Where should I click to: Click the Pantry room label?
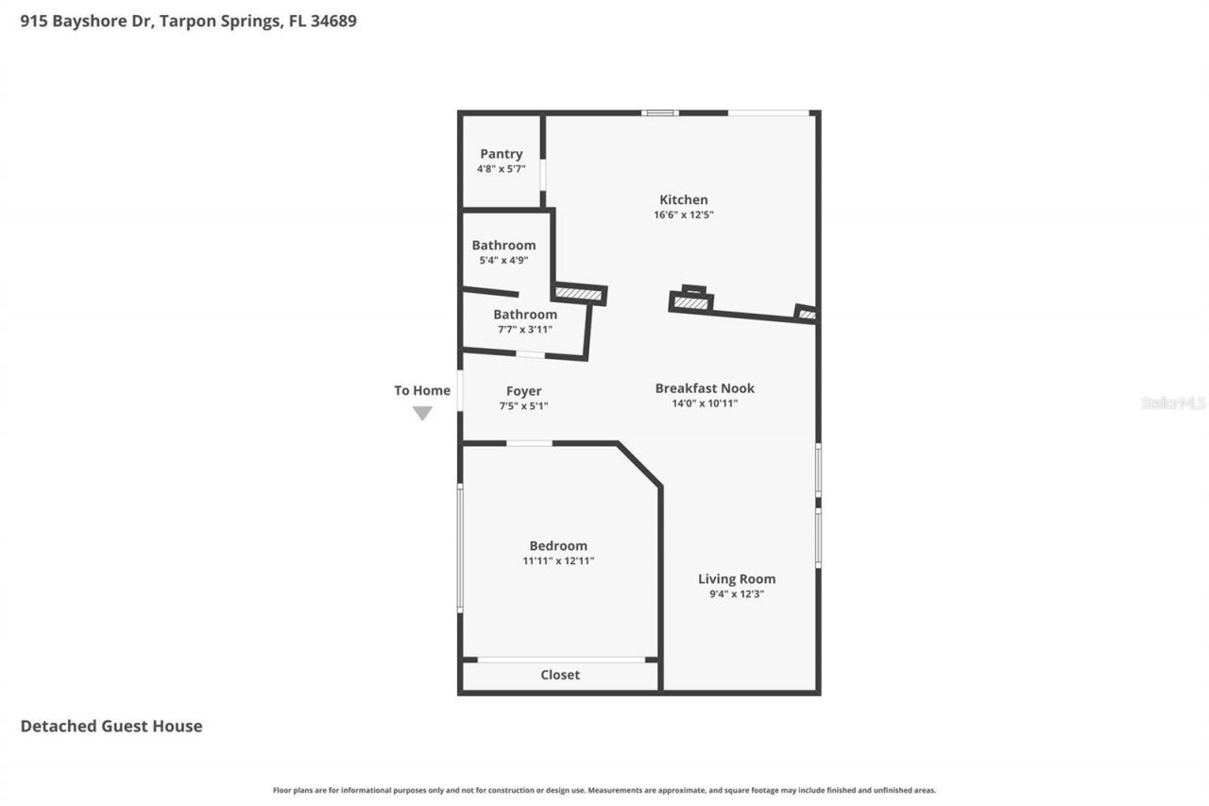pyautogui.click(x=501, y=154)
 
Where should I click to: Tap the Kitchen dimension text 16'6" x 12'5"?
pyautogui.click(x=683, y=215)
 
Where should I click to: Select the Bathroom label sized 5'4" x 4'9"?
pyautogui.click(x=503, y=246)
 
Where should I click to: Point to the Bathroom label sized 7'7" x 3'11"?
pyautogui.click(x=525, y=315)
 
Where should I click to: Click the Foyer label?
pyautogui.click(x=523, y=391)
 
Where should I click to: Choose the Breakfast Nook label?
pyautogui.click(x=705, y=388)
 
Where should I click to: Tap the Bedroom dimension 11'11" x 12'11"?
pyautogui.click(x=557, y=561)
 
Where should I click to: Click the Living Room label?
pyautogui.click(x=737, y=579)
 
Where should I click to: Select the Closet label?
pyautogui.click(x=560, y=675)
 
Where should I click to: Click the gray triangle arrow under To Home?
pyautogui.click(x=422, y=413)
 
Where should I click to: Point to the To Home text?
pyautogui.click(x=422, y=390)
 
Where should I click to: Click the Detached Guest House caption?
pyautogui.click(x=111, y=726)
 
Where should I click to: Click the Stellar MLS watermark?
pyautogui.click(x=1173, y=403)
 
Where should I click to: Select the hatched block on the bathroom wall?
pyautogui.click(x=579, y=294)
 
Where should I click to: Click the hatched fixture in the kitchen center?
pyautogui.click(x=691, y=302)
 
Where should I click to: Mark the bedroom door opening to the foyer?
pyautogui.click(x=529, y=443)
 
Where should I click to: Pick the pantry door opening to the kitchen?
pyautogui.click(x=542, y=176)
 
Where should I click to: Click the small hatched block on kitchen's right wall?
pyautogui.click(x=806, y=314)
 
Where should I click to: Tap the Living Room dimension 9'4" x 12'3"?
pyautogui.click(x=737, y=594)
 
